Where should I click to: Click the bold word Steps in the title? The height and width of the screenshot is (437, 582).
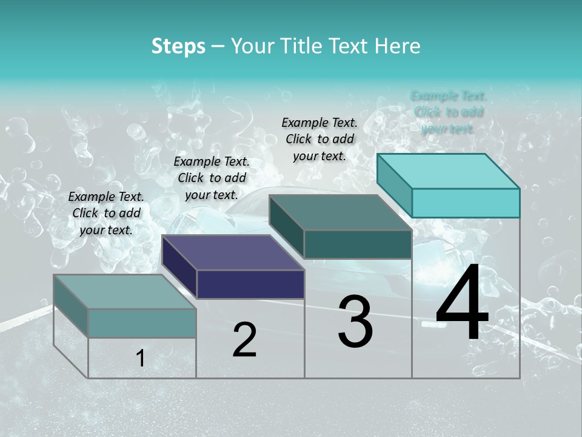click(x=178, y=46)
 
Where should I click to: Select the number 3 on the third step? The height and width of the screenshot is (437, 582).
click(x=355, y=322)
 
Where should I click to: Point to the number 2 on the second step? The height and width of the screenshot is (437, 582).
click(x=244, y=340)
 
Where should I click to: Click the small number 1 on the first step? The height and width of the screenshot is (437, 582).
click(x=141, y=359)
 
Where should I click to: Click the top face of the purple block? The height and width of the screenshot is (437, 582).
click(x=233, y=252)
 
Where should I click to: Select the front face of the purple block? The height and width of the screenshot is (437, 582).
click(x=250, y=284)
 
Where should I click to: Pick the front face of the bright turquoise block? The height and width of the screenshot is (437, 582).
click(x=466, y=203)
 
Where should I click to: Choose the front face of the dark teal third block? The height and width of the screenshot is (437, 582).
click(x=358, y=244)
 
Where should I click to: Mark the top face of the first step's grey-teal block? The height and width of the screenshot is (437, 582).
click(x=125, y=291)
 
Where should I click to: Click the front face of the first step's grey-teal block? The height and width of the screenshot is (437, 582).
click(x=142, y=323)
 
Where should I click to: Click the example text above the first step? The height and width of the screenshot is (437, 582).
click(x=106, y=213)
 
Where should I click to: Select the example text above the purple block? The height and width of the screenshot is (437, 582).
click(x=212, y=178)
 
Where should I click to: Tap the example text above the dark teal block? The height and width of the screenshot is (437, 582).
click(x=319, y=139)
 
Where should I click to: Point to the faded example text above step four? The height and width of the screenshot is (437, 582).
click(x=449, y=112)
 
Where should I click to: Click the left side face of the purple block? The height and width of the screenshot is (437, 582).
click(x=179, y=268)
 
